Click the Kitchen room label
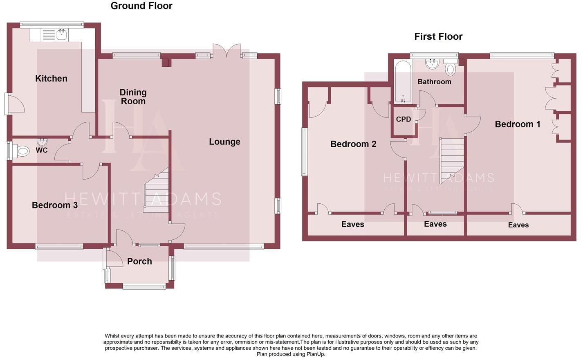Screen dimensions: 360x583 click(51, 79)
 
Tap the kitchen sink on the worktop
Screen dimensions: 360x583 click(62, 35)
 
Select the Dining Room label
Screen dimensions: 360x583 click(133, 97)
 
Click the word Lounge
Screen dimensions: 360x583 click(224, 142)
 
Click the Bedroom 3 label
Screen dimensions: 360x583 click(55, 205)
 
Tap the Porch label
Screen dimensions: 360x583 click(139, 261)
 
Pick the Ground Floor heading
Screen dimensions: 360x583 click(141, 6)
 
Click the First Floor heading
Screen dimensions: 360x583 click(438, 36)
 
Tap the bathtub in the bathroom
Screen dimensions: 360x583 click(403, 82)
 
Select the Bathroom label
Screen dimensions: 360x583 click(434, 82)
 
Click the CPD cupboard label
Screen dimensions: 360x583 click(404, 119)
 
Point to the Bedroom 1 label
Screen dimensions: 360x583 click(518, 124)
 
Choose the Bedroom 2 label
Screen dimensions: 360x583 click(353, 144)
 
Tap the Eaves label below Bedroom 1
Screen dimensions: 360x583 click(518, 225)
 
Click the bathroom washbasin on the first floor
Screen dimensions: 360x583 click(432, 64)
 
